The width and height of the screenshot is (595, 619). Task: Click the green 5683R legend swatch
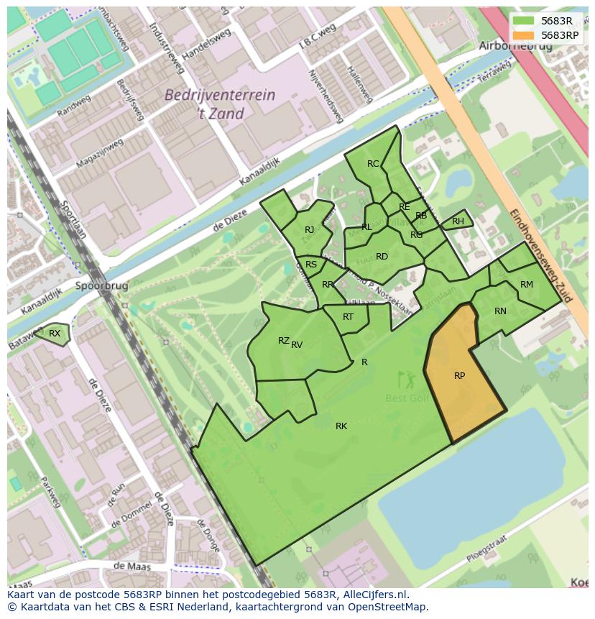[524, 21]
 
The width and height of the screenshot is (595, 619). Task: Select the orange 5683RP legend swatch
[524, 35]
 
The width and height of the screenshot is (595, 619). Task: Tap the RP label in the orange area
[459, 375]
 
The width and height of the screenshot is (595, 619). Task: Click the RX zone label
[55, 333]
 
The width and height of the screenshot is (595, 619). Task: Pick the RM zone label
[527, 285]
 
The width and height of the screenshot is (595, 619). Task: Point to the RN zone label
[500, 311]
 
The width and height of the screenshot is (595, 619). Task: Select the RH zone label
[458, 221]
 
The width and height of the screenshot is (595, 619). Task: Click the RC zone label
[373, 164]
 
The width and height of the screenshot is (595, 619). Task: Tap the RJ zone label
[310, 230]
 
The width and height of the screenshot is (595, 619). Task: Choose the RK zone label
[341, 426]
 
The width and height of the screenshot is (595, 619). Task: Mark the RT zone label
[348, 317]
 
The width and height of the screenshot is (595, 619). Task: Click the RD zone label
[382, 257]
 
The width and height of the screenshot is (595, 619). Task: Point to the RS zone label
[311, 265]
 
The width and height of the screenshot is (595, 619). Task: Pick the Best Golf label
[407, 398]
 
